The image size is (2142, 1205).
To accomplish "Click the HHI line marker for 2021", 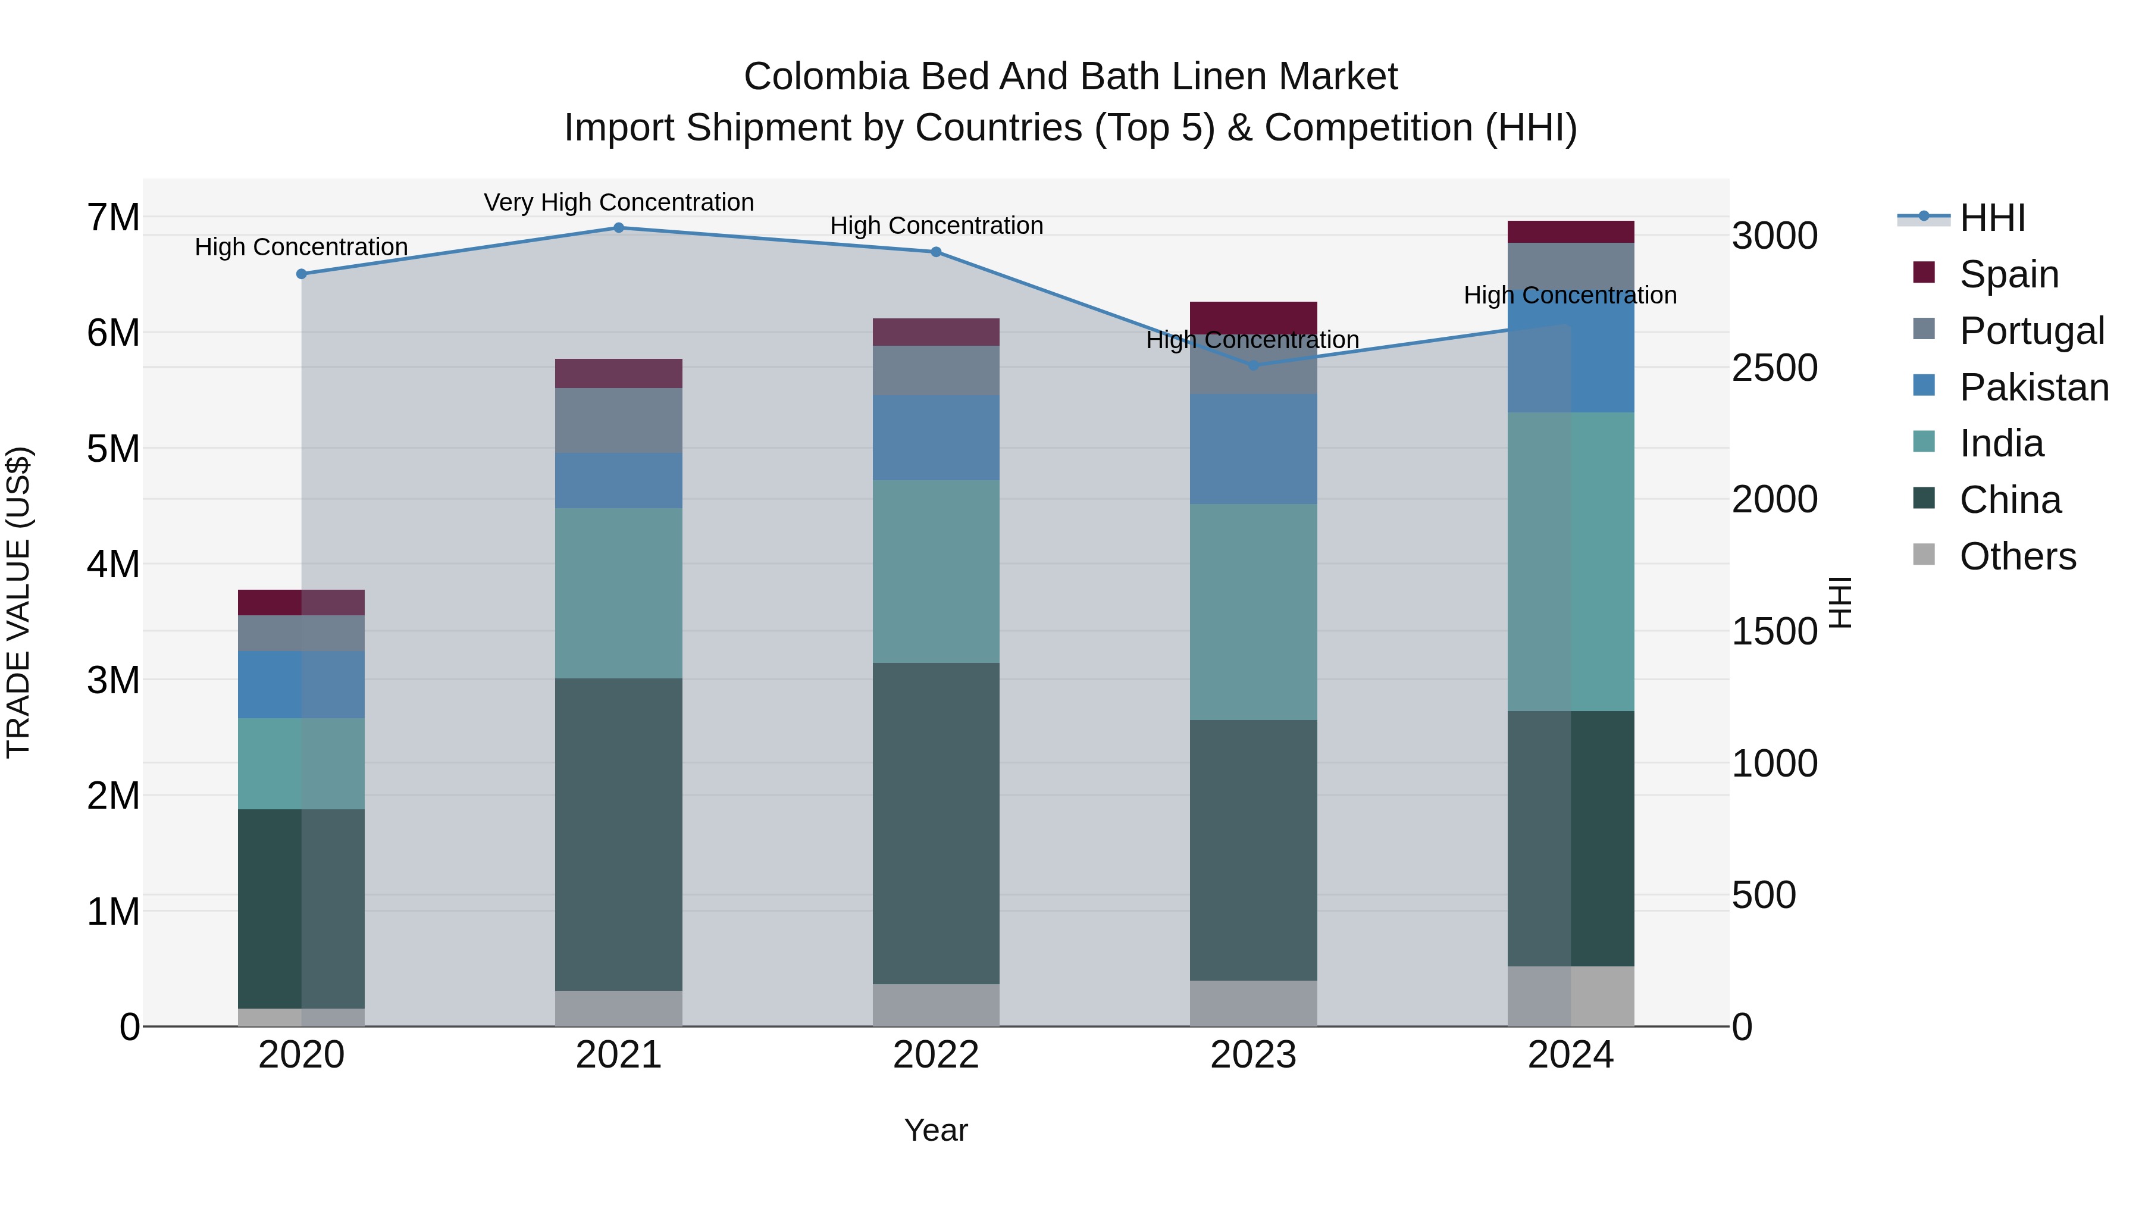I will (x=619, y=228).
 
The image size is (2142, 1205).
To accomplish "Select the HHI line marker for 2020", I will (x=302, y=274).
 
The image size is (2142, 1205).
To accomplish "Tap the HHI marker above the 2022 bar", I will (x=937, y=252).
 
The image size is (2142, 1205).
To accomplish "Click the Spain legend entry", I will (x=2008, y=274).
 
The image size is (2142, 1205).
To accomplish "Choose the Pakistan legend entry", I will (x=2033, y=387).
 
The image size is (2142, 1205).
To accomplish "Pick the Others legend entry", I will (x=2016, y=556).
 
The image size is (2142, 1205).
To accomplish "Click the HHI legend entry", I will (x=1991, y=218).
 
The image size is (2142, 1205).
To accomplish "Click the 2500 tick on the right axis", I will (x=1774, y=368).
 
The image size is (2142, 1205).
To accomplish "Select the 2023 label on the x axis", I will (x=1253, y=1055).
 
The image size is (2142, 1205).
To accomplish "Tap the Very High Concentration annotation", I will (x=619, y=202).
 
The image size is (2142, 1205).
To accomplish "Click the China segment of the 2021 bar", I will (x=619, y=834).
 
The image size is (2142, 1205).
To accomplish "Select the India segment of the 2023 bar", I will (x=1253, y=612).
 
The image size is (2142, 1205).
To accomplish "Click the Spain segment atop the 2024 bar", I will (x=1571, y=232).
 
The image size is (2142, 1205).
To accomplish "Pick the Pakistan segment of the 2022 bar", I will (x=937, y=437).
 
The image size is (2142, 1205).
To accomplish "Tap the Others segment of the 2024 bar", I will (x=1571, y=996).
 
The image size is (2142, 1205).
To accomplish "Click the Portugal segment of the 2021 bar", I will (x=619, y=421).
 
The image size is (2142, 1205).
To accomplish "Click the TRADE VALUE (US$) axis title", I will (x=18, y=602).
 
